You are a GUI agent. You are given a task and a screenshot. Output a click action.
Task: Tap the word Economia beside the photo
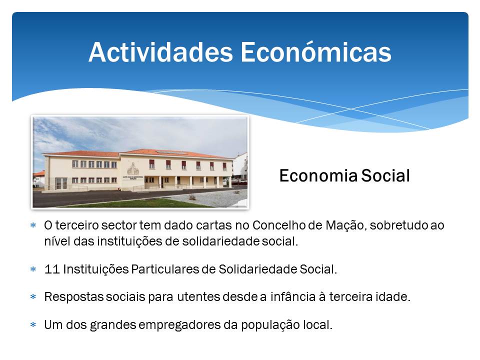318,175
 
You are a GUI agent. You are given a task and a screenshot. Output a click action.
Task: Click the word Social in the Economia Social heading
385,175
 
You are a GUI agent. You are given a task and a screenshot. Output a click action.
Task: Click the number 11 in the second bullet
51,269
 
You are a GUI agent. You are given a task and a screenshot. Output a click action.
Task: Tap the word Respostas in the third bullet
74,297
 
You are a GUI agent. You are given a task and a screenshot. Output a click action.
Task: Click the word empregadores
179,325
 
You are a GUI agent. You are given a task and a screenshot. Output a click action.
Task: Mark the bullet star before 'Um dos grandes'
33,324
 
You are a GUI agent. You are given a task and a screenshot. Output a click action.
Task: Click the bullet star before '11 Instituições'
33,269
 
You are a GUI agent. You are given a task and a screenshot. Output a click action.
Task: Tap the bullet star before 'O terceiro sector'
33,225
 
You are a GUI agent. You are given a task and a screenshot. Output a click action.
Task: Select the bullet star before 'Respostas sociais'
33,296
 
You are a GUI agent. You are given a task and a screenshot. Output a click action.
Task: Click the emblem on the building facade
133,168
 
